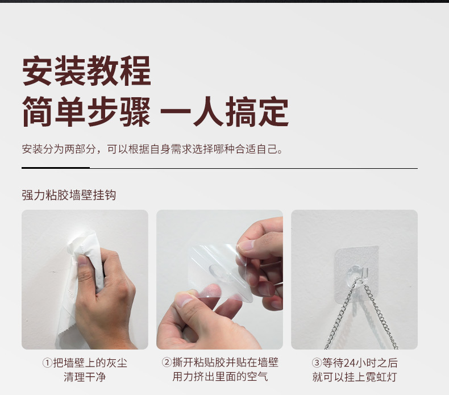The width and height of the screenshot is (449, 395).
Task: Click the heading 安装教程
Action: coord(86,71)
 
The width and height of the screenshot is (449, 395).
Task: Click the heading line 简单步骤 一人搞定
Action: coord(155,112)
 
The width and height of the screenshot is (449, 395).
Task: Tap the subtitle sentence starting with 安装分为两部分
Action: coord(152,149)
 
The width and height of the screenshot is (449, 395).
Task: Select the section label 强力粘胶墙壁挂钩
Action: coord(69,195)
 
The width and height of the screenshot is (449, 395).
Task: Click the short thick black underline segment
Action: coord(55,168)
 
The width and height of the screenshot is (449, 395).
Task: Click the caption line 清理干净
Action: coord(85,377)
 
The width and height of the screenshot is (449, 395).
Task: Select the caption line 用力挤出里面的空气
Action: coord(220,377)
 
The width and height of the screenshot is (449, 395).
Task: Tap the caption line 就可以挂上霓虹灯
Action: coord(354,377)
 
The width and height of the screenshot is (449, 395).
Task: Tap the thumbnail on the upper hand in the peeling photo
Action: coord(246,246)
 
